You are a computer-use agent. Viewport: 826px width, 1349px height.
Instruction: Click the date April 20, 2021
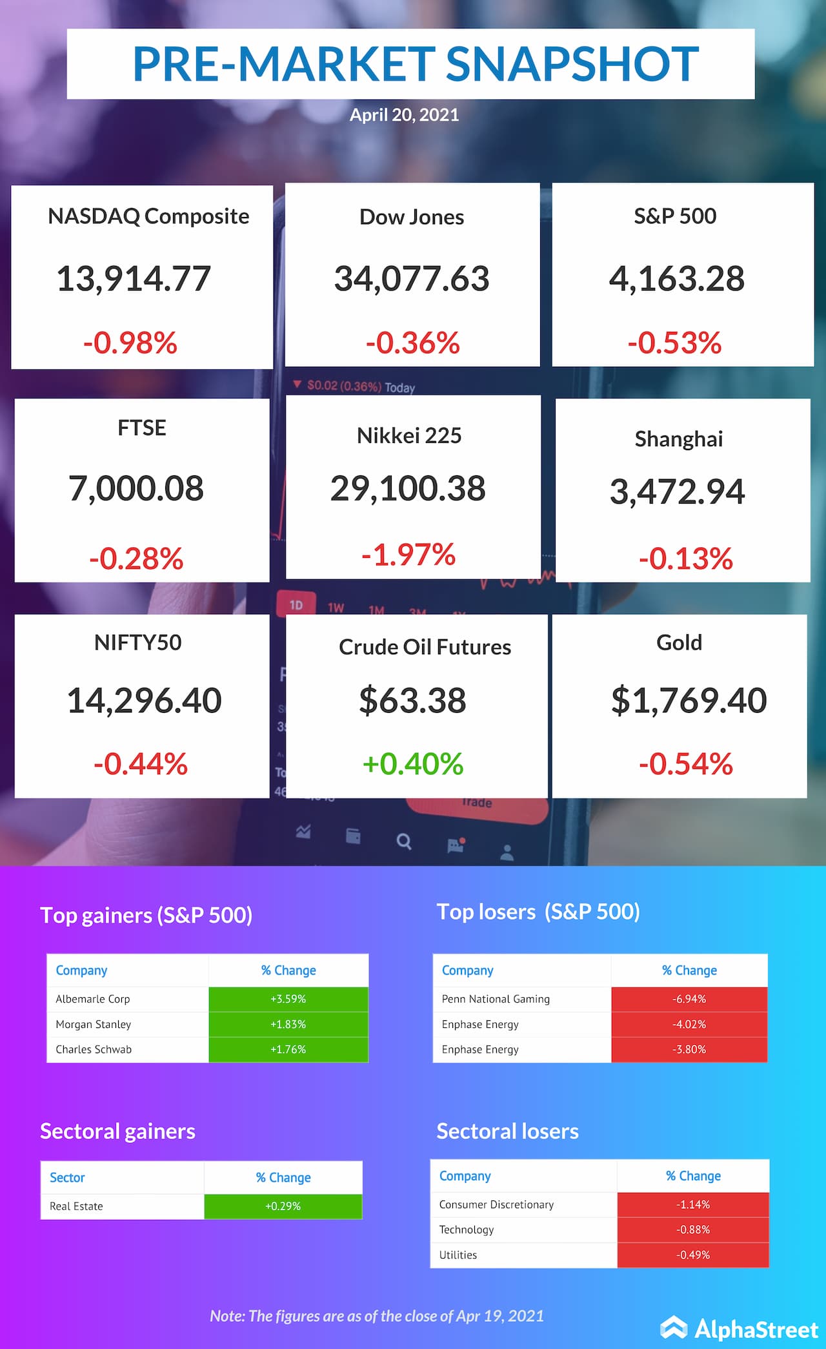tap(404, 115)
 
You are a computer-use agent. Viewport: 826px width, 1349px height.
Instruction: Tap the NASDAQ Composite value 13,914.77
tap(134, 279)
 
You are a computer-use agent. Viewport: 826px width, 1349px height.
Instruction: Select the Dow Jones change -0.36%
tap(412, 343)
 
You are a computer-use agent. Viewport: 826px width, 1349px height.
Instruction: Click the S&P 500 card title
tap(675, 216)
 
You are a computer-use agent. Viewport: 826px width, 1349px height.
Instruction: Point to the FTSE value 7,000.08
tap(136, 488)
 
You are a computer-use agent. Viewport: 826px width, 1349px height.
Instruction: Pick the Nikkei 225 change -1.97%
tap(408, 555)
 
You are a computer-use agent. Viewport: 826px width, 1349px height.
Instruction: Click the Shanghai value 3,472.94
tap(677, 492)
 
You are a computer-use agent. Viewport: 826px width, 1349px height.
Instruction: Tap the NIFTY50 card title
tap(137, 643)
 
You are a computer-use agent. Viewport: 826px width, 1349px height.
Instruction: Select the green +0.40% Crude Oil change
tap(413, 764)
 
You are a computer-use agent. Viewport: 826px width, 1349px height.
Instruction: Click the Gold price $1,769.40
tap(689, 701)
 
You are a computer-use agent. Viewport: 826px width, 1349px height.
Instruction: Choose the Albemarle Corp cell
tap(93, 999)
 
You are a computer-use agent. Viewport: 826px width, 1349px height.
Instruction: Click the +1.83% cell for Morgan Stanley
tap(288, 1024)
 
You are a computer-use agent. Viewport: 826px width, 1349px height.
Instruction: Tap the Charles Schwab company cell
tap(94, 1049)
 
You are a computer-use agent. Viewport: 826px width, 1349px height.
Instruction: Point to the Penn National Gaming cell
tap(496, 999)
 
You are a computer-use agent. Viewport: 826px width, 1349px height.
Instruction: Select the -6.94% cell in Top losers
tap(689, 999)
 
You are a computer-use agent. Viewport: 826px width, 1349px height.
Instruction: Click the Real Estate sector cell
tap(76, 1206)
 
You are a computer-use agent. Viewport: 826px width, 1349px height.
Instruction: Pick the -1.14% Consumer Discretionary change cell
tap(693, 1205)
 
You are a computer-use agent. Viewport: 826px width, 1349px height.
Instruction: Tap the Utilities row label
tap(458, 1255)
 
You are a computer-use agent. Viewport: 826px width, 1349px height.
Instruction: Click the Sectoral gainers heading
tap(117, 1131)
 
